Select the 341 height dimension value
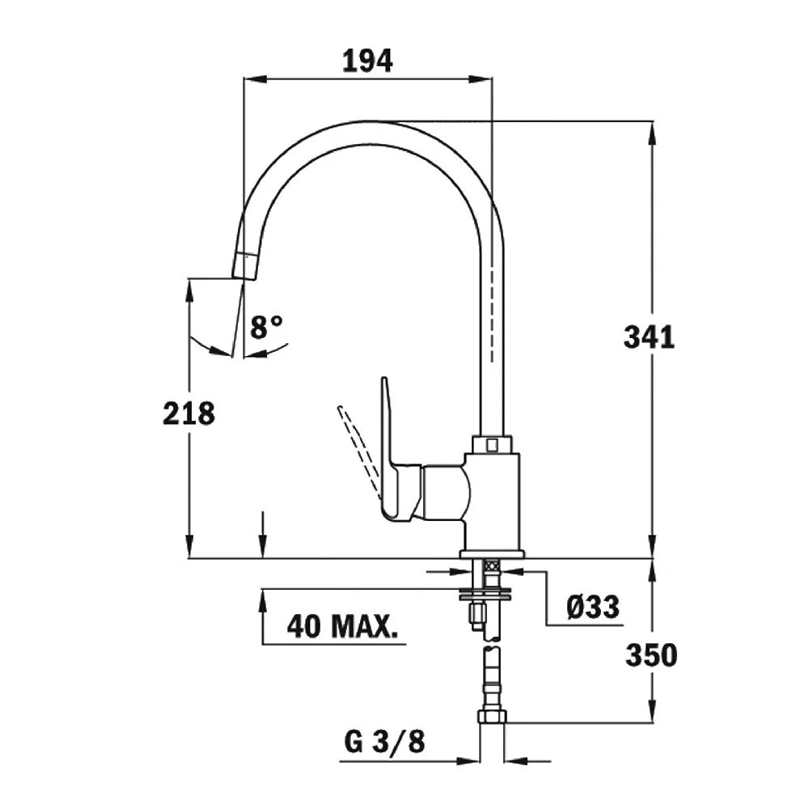click(648, 337)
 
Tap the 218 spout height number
click(188, 413)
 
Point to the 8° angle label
click(266, 328)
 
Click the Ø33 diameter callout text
click(592, 606)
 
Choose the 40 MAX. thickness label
click(345, 626)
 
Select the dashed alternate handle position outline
click(358, 449)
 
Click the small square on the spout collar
click(491, 444)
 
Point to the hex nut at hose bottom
click(491, 716)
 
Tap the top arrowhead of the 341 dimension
click(652, 130)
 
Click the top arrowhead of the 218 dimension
click(188, 288)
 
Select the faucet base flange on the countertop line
click(491, 554)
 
